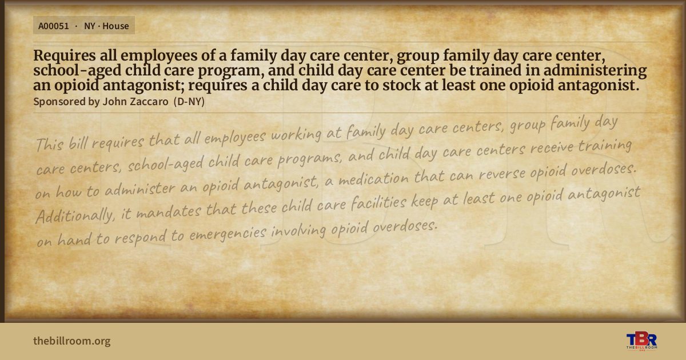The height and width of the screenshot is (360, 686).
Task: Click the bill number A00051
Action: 54,26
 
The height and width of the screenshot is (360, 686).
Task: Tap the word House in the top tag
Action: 115,26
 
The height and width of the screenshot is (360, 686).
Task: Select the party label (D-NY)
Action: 189,102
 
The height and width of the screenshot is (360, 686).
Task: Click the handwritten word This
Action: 50,144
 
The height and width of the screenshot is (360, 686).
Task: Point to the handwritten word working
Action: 296,135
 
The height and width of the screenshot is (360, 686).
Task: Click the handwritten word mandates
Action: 169,211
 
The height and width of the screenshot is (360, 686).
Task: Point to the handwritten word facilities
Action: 379,202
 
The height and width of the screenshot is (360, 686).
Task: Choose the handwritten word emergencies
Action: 228,234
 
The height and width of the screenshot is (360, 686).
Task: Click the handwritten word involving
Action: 298,231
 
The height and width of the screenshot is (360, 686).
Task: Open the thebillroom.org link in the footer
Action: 72,341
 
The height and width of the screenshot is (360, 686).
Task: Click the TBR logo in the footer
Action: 641,341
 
